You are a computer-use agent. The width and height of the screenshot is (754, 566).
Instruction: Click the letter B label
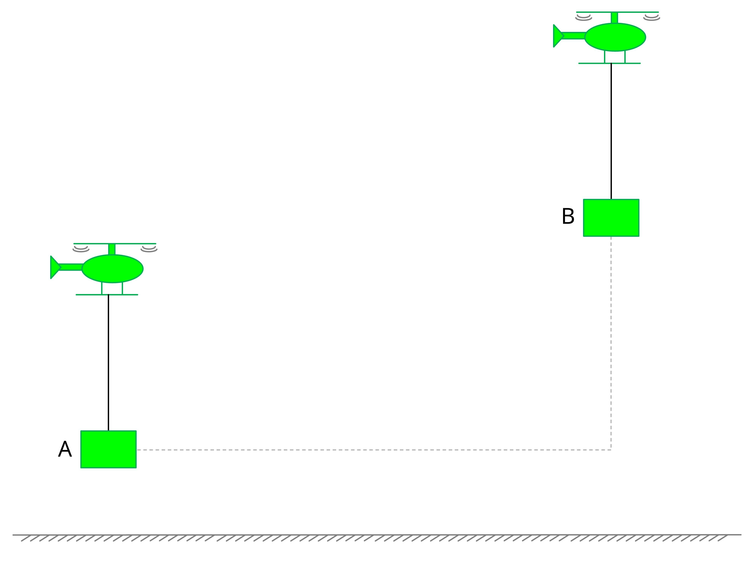tap(568, 216)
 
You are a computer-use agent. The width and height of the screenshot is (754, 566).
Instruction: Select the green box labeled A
tap(108, 449)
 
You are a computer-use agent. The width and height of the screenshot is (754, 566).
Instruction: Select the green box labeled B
tap(611, 218)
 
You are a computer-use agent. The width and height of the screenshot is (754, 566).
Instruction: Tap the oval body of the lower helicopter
tap(113, 269)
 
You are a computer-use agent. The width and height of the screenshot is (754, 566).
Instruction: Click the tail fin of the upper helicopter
tap(558, 36)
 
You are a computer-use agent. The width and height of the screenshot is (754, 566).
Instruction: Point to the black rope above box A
tap(108, 362)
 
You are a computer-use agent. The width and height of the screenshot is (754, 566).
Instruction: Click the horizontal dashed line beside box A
tap(341, 450)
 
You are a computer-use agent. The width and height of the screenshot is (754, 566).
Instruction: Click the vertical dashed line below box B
tap(611, 341)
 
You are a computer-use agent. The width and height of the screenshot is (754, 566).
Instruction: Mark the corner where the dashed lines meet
tap(611, 450)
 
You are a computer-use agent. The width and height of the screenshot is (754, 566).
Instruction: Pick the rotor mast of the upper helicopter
tap(614, 18)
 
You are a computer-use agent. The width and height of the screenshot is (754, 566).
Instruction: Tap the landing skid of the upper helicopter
tap(609, 63)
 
